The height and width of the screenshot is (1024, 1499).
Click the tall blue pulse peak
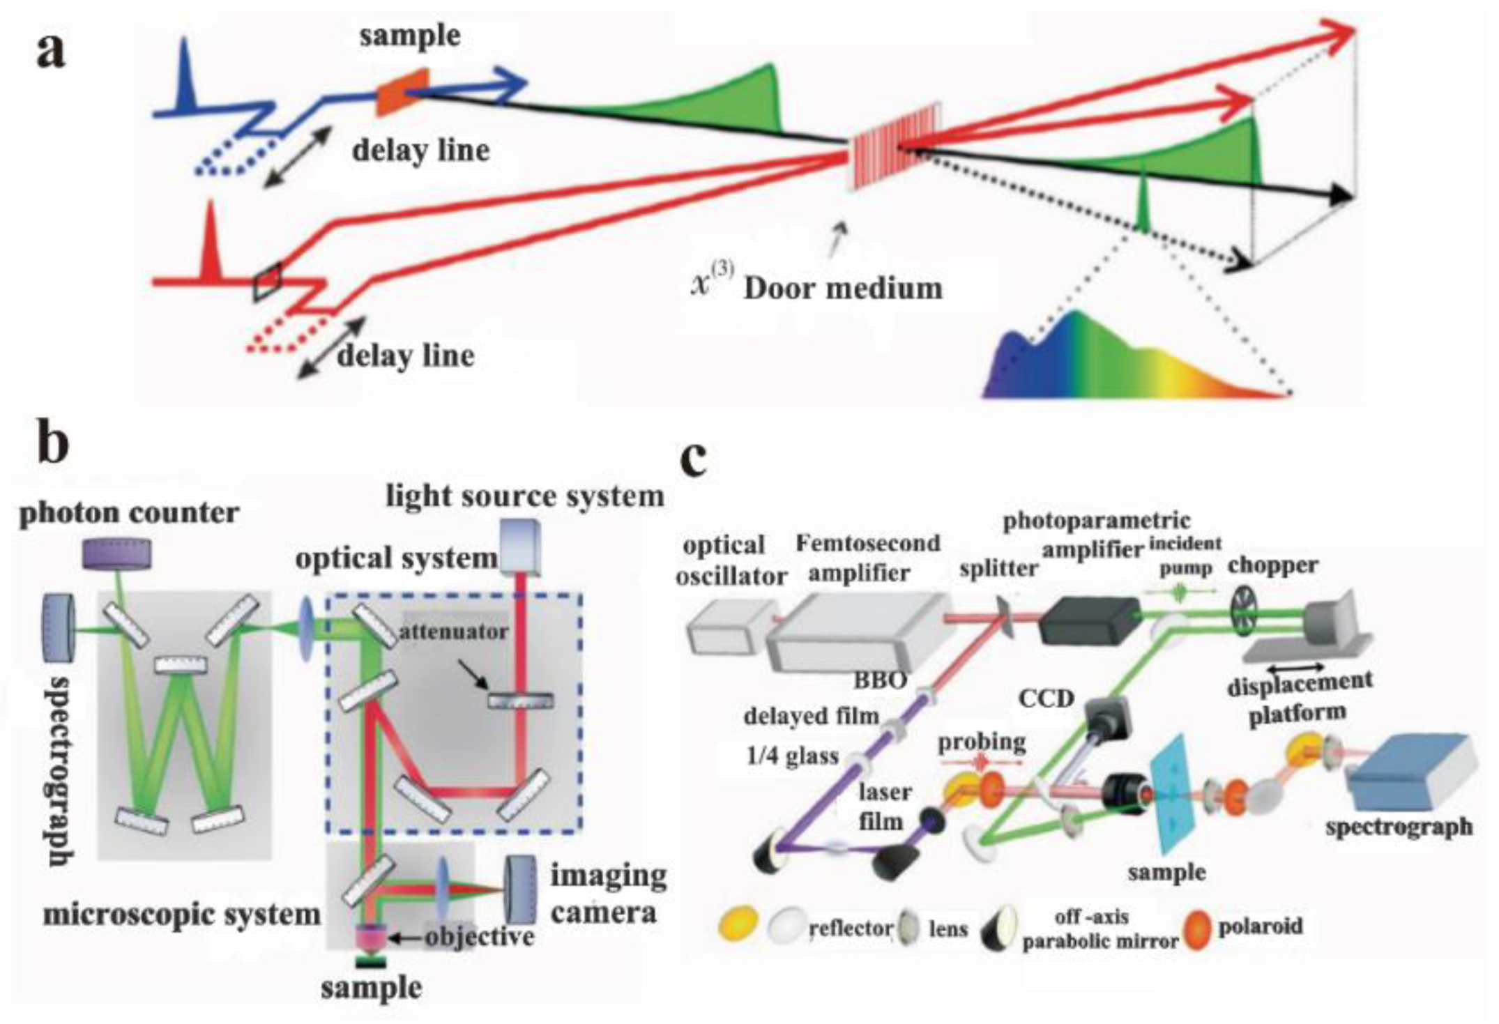(185, 77)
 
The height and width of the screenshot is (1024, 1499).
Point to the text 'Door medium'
(842, 288)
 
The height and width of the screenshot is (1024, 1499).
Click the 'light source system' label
(524, 496)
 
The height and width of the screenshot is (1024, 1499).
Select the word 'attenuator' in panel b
(453, 631)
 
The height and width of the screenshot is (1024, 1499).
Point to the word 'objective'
(480, 936)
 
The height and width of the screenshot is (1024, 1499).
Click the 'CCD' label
(1046, 698)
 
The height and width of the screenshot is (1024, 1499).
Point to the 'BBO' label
(880, 680)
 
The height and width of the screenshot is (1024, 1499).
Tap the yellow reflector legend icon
(738, 924)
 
